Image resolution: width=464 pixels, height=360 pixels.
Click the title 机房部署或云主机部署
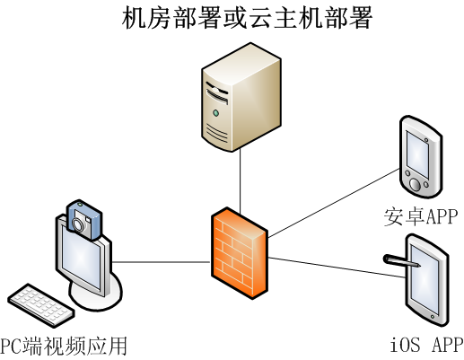tap(247, 18)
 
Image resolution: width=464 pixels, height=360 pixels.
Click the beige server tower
tap(241, 97)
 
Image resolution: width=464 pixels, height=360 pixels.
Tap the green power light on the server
tap(215, 113)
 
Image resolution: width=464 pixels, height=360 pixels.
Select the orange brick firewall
tap(240, 253)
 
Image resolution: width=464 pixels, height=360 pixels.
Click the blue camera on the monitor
tap(84, 220)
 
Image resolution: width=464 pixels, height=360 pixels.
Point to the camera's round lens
tap(78, 225)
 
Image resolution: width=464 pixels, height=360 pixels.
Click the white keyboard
tap(41, 305)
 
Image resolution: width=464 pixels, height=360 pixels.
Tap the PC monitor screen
tap(81, 259)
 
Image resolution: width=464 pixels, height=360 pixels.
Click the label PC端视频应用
tap(64, 347)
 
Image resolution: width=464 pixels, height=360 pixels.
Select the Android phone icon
tap(421, 157)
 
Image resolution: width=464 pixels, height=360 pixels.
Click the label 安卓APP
tap(421, 216)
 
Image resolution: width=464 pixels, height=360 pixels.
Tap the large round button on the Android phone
tap(415, 184)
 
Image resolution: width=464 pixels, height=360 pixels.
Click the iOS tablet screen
tap(425, 279)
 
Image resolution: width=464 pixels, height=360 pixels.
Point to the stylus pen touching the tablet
tap(402, 260)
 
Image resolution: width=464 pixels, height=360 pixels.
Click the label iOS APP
tap(427, 345)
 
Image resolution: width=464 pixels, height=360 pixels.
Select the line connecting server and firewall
tap(240, 180)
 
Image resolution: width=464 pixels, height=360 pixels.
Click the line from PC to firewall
tap(162, 262)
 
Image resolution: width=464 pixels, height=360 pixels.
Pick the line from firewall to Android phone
tap(334, 203)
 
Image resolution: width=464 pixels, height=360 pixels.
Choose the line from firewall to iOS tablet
tap(337, 268)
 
